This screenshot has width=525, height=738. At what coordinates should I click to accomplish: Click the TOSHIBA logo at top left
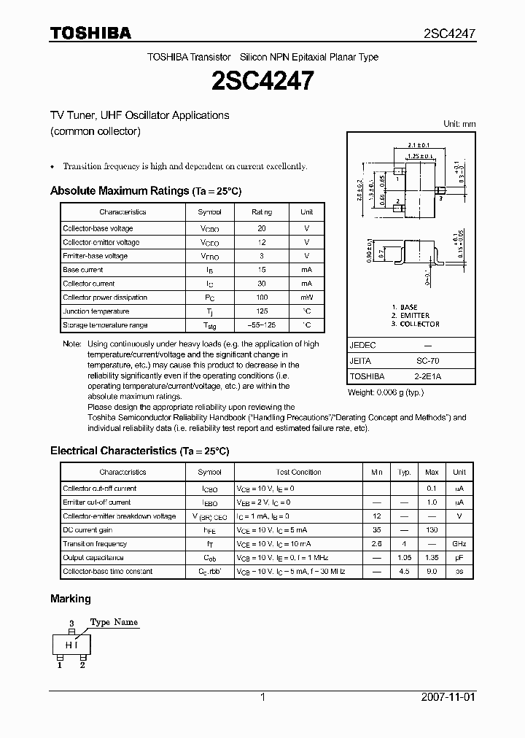coord(90,33)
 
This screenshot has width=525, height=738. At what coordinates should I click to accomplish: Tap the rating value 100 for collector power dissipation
coord(262,298)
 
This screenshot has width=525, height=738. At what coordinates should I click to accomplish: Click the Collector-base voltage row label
coord(98,228)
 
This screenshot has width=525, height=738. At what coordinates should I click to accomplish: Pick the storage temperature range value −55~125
coord(262,325)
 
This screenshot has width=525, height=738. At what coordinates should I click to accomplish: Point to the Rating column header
coord(262,212)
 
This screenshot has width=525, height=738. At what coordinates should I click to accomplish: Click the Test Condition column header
coord(298,473)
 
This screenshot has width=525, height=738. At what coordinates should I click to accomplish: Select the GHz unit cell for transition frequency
coord(459,544)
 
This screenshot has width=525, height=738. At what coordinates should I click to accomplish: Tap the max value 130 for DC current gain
coord(432,530)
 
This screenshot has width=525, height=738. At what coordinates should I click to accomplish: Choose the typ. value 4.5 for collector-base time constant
coord(404,572)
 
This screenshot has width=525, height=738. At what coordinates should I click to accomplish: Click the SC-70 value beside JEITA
coord(427,361)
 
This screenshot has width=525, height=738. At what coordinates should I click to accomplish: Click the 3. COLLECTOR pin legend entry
coord(415,324)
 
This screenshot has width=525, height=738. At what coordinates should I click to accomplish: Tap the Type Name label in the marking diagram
coord(114,622)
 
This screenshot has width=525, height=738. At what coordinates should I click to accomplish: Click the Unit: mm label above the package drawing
coord(459,124)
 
